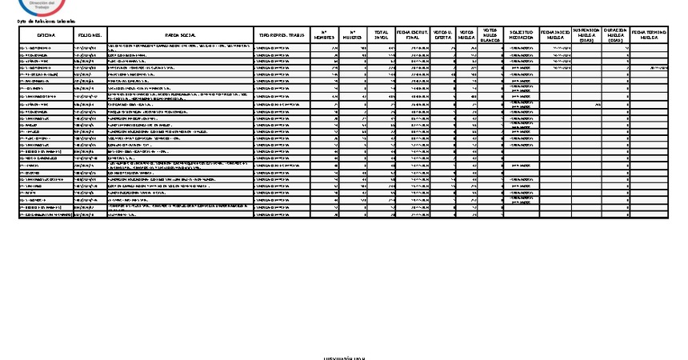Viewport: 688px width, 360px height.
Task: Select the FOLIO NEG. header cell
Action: pos(89,36)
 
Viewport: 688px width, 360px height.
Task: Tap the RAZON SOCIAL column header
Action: pos(178,36)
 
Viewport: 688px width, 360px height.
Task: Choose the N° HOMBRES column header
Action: pos(322,36)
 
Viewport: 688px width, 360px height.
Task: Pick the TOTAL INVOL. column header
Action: pos(382,36)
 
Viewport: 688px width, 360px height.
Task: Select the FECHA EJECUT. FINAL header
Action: pos(412,36)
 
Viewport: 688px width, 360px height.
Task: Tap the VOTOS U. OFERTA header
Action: pos(442,36)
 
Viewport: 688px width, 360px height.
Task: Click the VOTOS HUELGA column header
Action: pos(466,36)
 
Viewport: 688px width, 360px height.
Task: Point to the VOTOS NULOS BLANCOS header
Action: pos(490,36)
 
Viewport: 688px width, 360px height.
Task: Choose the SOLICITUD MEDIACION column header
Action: pos(522,36)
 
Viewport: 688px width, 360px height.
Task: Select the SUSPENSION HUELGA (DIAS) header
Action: pos(586,36)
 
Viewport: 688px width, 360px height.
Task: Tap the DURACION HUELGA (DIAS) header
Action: pos(615,36)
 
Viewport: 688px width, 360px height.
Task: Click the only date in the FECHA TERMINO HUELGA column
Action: pos(656,69)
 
